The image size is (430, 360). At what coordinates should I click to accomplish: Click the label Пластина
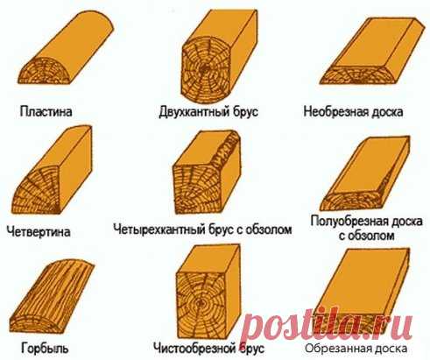click(46, 112)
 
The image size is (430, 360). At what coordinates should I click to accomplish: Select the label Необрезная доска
click(353, 112)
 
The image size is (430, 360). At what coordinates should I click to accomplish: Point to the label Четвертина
click(39, 232)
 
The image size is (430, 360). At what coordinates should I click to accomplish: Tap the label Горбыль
click(45, 348)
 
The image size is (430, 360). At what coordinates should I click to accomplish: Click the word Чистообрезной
click(194, 348)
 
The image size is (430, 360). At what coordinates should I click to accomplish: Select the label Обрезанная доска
click(356, 348)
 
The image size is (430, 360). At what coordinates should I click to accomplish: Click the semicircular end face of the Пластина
click(45, 73)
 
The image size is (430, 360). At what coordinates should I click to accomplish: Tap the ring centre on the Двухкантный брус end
click(204, 70)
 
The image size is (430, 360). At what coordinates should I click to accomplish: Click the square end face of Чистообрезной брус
click(201, 305)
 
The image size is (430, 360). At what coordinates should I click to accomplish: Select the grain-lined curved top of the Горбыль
click(53, 291)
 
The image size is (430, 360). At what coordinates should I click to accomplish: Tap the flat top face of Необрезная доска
click(376, 43)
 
